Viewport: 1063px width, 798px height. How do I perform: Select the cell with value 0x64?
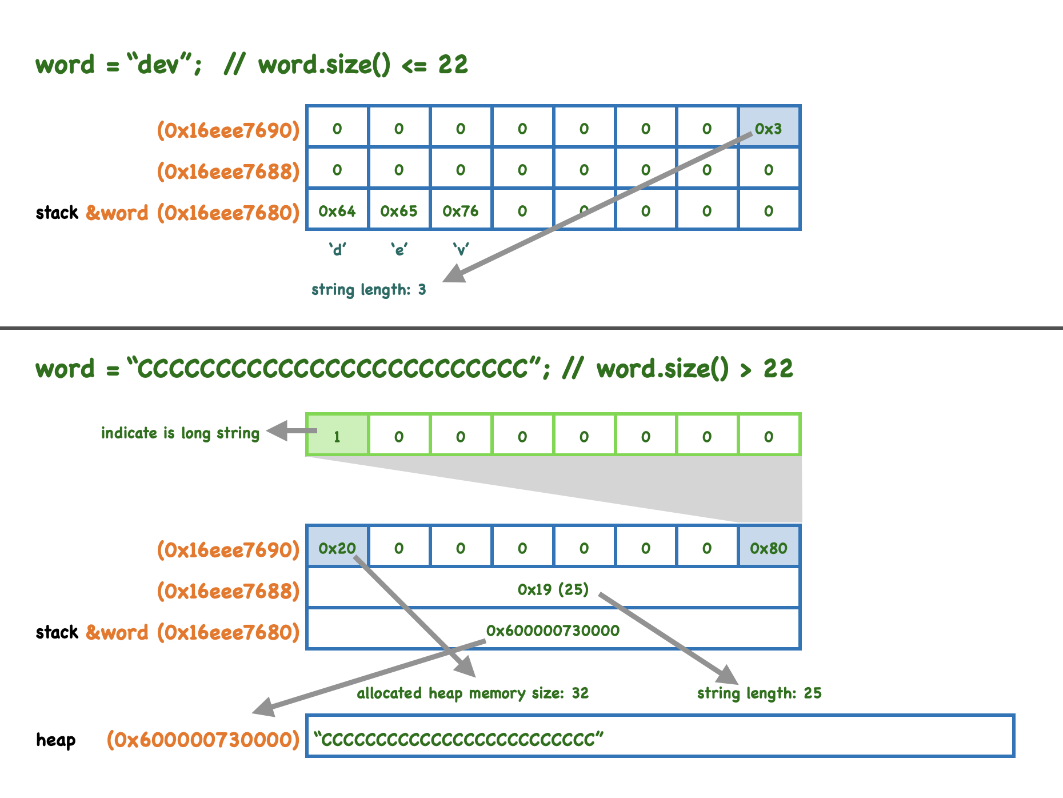[337, 211]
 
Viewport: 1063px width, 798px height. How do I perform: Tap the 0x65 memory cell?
[399, 211]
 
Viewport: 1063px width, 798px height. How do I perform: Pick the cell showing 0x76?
[461, 211]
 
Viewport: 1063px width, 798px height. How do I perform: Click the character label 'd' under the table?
[337, 250]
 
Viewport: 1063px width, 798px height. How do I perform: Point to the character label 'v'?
[461, 250]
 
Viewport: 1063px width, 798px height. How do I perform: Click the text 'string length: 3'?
[369, 290]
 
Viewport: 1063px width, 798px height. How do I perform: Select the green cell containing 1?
[337, 436]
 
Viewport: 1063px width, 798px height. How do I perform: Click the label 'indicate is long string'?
[180, 433]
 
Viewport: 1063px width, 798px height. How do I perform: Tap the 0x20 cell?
[337, 548]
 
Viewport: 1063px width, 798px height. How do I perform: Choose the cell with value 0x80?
[769, 548]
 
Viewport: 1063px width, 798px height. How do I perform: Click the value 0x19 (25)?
[553, 589]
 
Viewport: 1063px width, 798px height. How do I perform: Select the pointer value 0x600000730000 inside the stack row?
[553, 630]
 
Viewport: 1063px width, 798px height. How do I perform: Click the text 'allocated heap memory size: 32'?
[473, 693]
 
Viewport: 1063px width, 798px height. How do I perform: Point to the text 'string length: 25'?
[759, 693]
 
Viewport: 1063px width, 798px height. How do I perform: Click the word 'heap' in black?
[55, 740]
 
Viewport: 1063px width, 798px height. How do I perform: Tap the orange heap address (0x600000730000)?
[203, 740]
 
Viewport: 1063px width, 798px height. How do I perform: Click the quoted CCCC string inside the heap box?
[458, 739]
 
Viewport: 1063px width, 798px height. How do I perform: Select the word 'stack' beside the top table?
[57, 213]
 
